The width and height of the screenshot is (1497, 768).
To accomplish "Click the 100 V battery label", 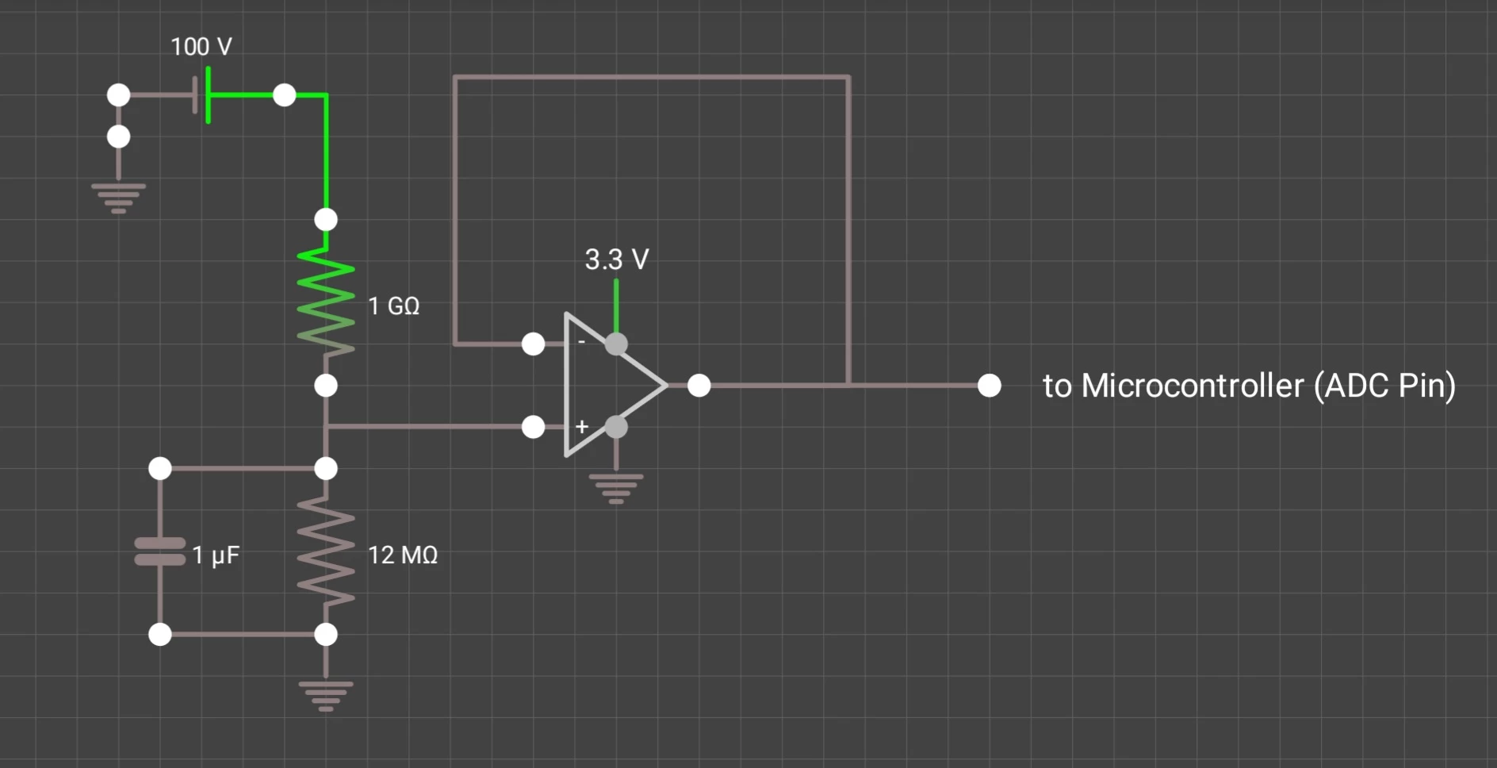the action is point(201,47).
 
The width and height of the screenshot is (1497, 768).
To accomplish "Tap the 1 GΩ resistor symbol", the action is point(326,301).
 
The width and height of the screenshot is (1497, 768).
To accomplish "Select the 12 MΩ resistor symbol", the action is point(326,551).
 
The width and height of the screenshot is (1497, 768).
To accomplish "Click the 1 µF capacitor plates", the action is point(160,551).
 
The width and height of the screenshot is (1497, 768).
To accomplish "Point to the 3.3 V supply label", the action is point(617,259).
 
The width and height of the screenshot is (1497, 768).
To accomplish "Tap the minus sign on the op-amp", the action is point(581,342).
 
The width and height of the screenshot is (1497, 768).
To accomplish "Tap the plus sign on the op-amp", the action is point(582,427).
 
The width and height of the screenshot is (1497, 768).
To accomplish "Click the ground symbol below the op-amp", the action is point(616,488).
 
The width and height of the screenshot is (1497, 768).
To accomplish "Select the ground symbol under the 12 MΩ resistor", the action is point(326,695).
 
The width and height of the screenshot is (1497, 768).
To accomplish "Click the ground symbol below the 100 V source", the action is point(119,198).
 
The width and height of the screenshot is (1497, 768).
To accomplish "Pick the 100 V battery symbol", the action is point(202,95).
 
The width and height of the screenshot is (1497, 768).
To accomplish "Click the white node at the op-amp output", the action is point(699,386).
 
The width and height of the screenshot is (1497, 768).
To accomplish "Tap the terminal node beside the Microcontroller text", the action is point(990,386).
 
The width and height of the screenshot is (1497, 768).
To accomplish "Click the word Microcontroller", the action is point(1193,386).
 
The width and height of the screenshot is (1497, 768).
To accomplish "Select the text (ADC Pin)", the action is point(1384,386).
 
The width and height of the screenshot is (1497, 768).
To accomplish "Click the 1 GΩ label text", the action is point(394,306).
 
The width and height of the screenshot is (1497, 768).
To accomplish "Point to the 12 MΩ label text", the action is point(403,555).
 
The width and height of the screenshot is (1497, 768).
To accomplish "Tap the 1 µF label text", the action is point(216,555).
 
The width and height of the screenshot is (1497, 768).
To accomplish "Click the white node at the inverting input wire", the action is point(534,344).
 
